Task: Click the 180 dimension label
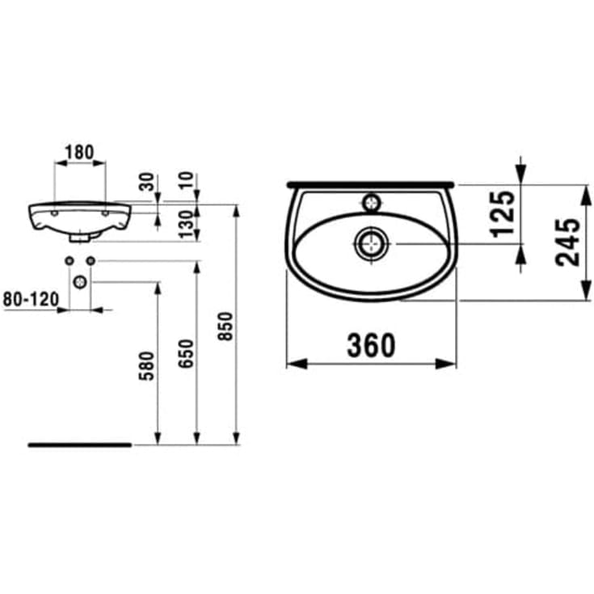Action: pos(79,152)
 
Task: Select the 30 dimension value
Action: pos(146,181)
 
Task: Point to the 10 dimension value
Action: pos(189,180)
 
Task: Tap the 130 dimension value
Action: pos(188,224)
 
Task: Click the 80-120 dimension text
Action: pos(31,300)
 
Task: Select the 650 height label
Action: pos(185,353)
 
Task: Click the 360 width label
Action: pos(371,345)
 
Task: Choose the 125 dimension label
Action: pos(503,213)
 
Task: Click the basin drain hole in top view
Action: pos(371,242)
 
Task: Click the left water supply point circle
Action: pos(69,260)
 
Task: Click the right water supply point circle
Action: pos(91,260)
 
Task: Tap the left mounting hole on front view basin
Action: pos(54,213)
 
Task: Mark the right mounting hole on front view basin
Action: pos(105,213)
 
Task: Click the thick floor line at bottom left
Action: pos(79,444)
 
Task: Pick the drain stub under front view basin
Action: pos(79,238)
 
